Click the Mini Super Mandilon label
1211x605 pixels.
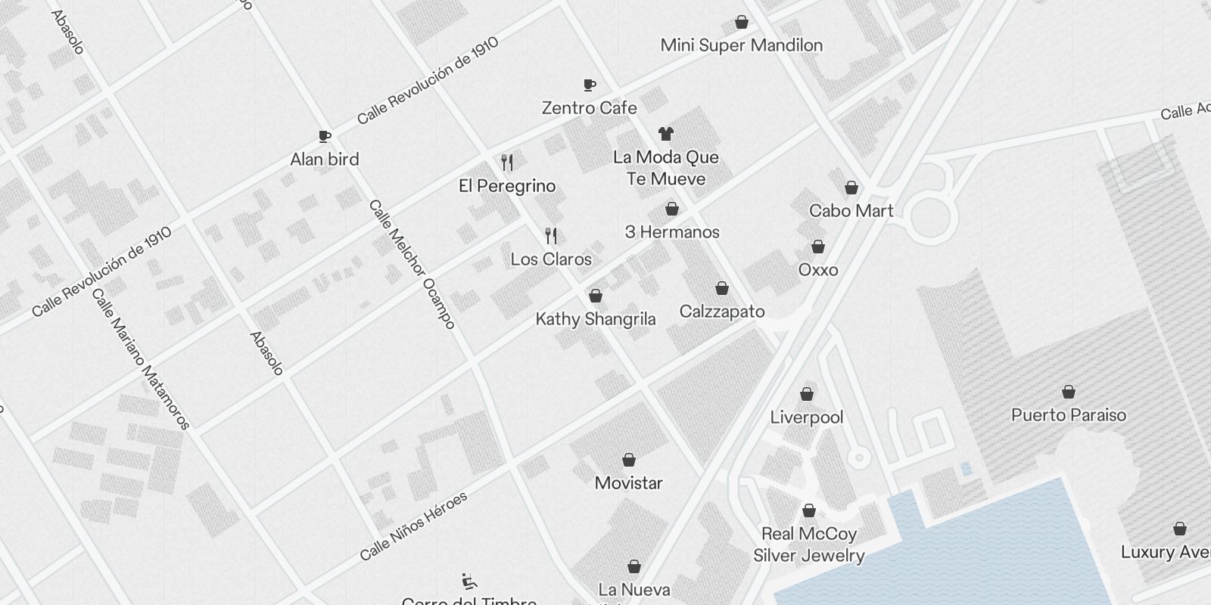tap(741, 45)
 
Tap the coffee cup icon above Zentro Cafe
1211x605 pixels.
tap(590, 85)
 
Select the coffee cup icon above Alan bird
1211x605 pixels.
tap(325, 137)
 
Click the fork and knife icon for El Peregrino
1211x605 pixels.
tap(507, 162)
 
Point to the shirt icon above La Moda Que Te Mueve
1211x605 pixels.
tap(665, 135)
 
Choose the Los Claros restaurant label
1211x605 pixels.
tap(551, 259)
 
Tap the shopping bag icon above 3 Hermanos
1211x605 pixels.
tap(671, 209)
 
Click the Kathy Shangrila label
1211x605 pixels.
tap(596, 319)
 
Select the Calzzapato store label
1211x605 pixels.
tap(722, 312)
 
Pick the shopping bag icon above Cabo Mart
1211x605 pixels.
tap(851, 188)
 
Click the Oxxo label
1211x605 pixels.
tap(818, 270)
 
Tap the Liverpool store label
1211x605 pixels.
tap(807, 417)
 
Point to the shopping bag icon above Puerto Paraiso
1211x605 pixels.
tap(1069, 392)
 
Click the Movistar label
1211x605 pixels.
tap(628, 483)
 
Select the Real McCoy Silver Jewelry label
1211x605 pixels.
tap(808, 544)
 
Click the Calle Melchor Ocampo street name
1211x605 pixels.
tap(412, 264)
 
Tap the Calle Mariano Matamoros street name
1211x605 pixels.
tap(140, 358)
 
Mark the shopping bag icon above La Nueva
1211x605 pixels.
tap(634, 567)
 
